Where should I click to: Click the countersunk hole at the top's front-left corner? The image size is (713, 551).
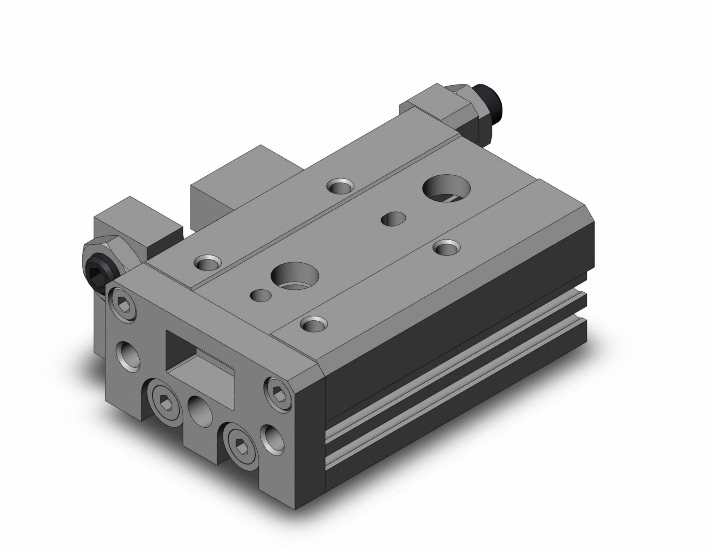(x=207, y=264)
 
